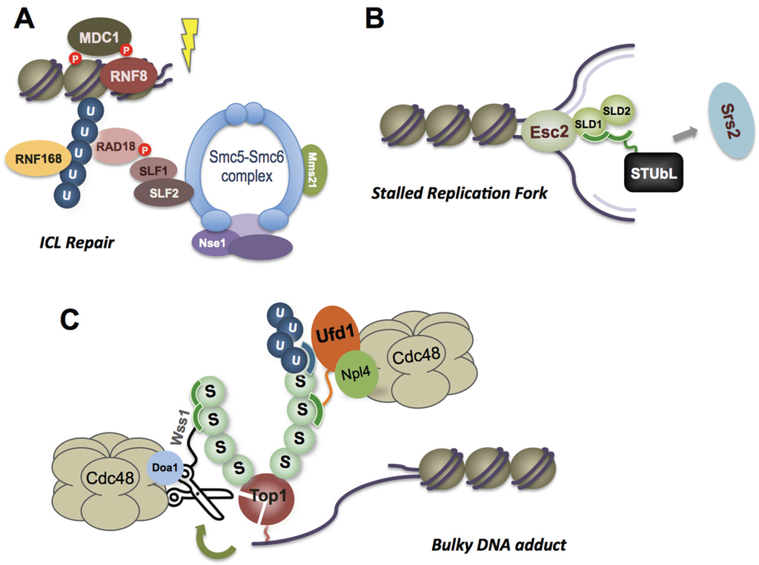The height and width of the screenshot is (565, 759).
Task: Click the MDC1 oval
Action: [99, 35]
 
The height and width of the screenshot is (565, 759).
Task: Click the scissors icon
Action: [194, 500]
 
